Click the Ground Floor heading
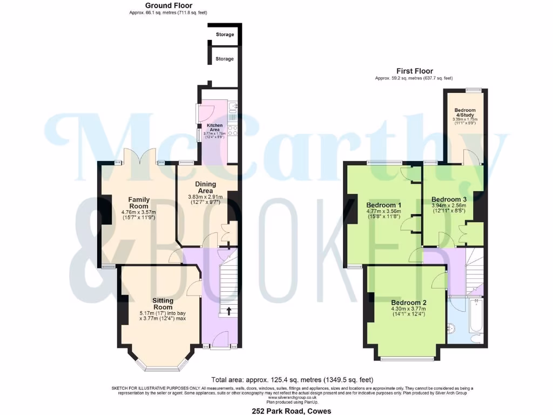pos(168,5)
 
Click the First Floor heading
pos(414,71)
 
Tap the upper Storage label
pos(225,35)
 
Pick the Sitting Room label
pos(163,304)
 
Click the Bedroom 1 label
pos(383,205)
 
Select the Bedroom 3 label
pos(449,199)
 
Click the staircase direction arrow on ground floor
pos(227,311)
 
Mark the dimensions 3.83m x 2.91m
pos(205,197)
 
